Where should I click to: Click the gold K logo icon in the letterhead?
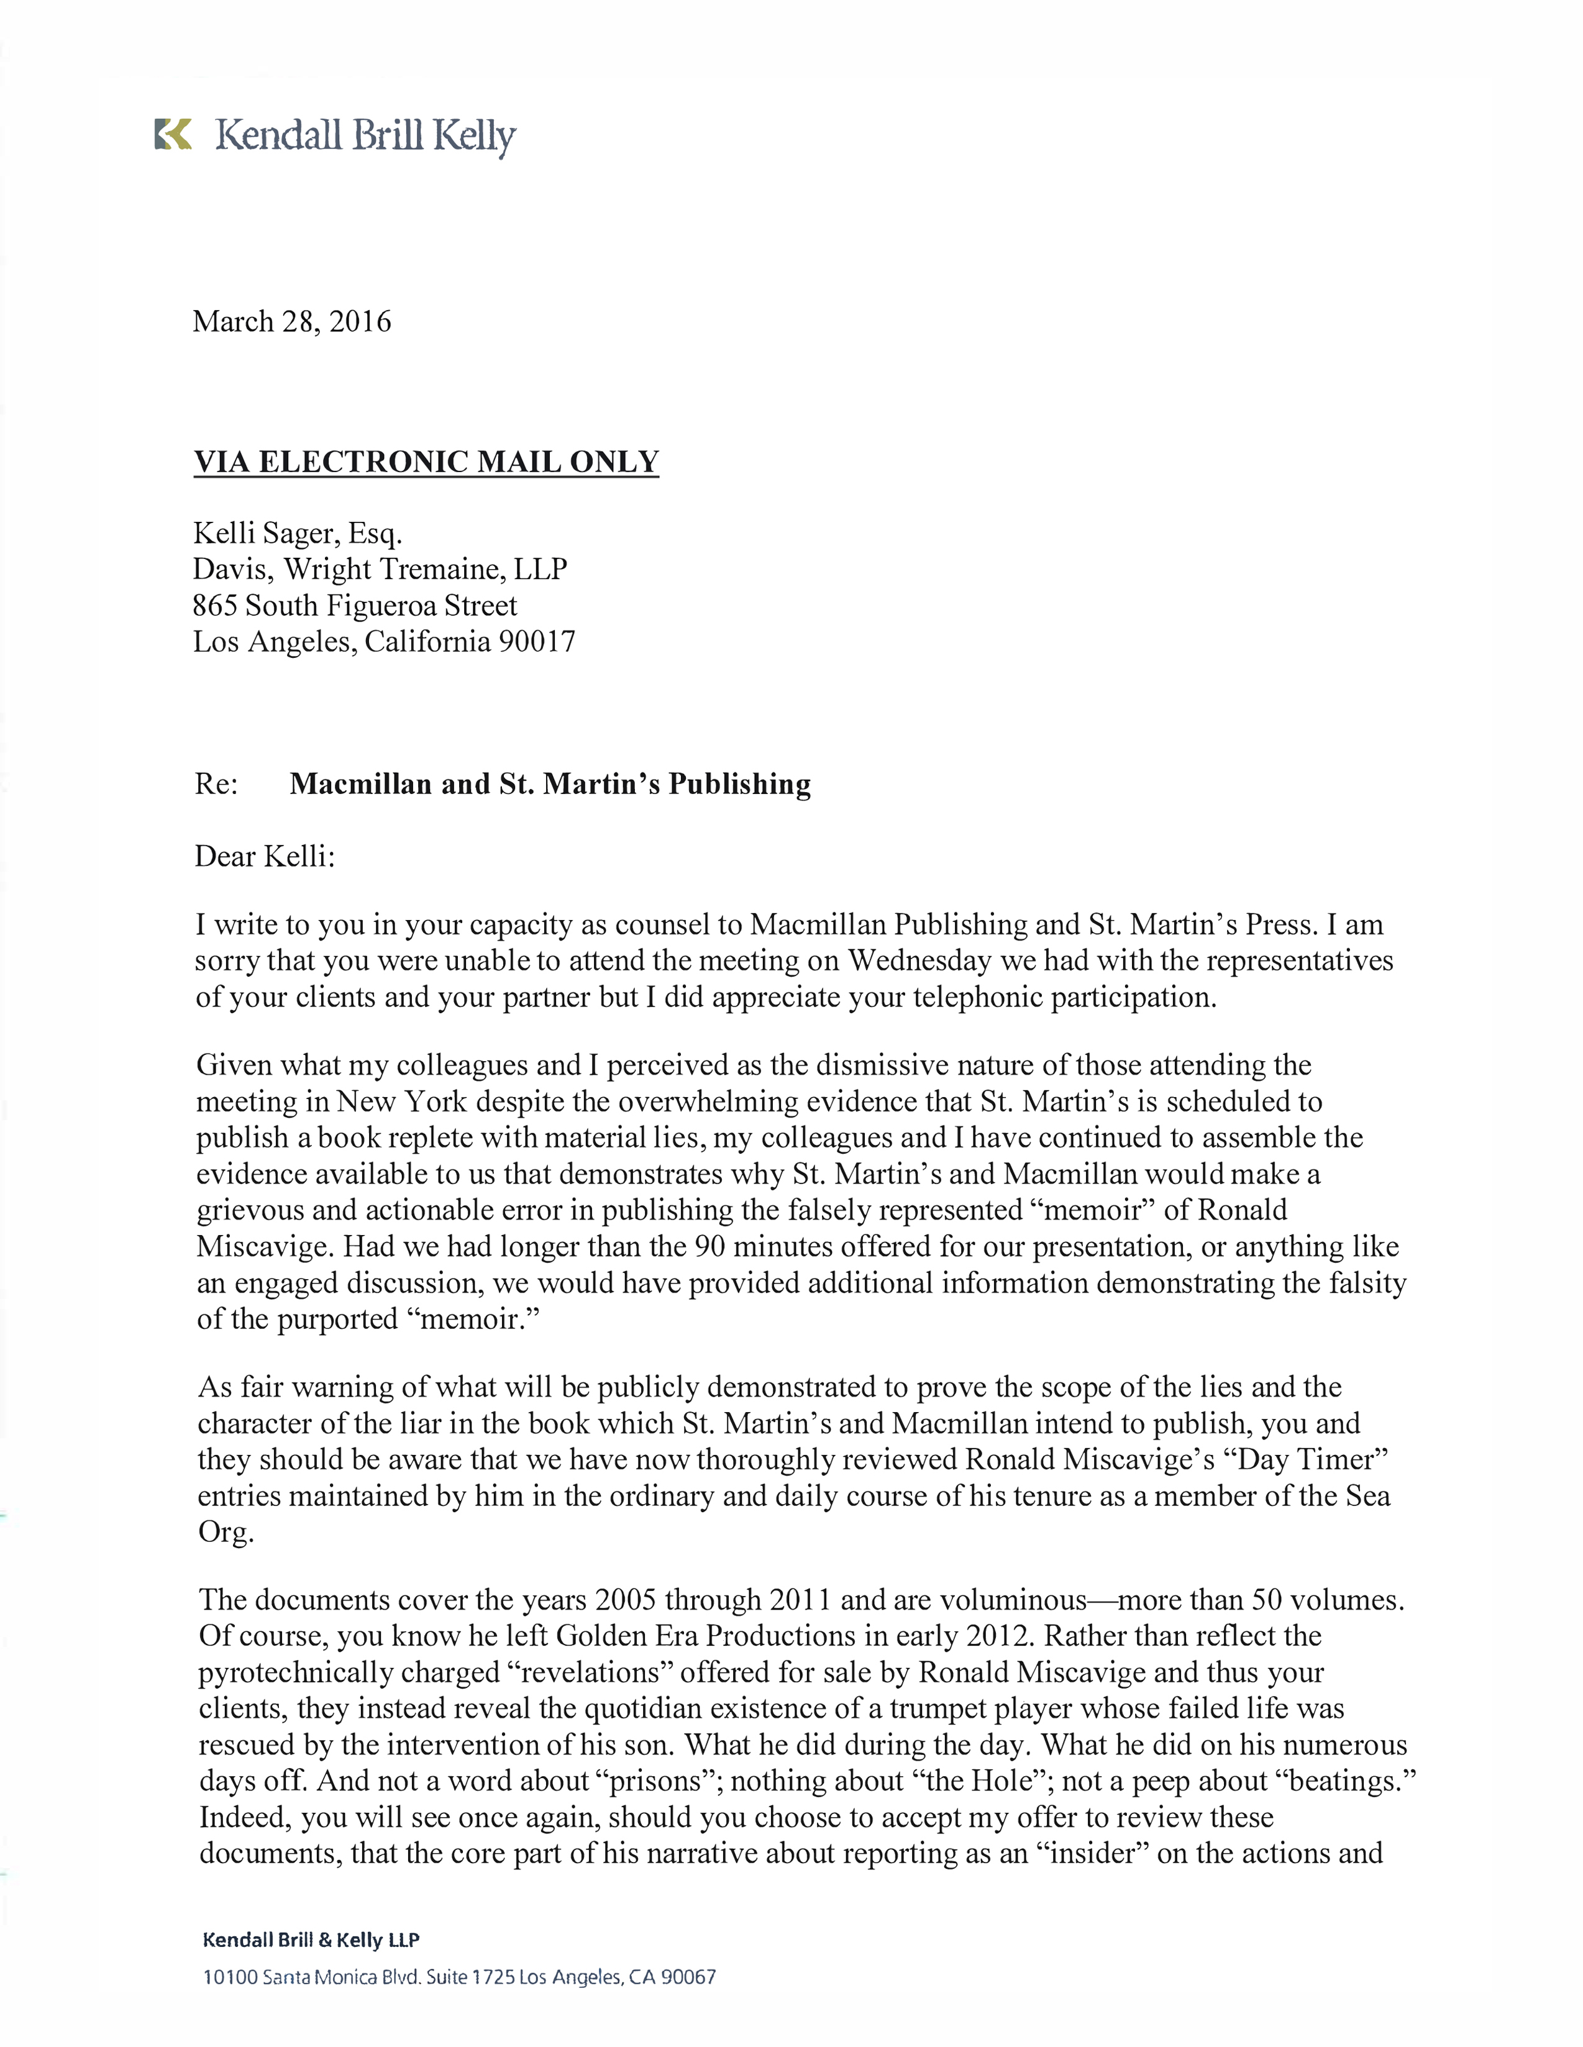point(173,135)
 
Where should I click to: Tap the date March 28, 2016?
point(291,321)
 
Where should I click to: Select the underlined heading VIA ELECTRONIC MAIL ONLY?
point(426,462)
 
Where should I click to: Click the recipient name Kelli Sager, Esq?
point(297,533)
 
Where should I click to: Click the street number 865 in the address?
point(214,606)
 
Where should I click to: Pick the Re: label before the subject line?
point(216,783)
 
